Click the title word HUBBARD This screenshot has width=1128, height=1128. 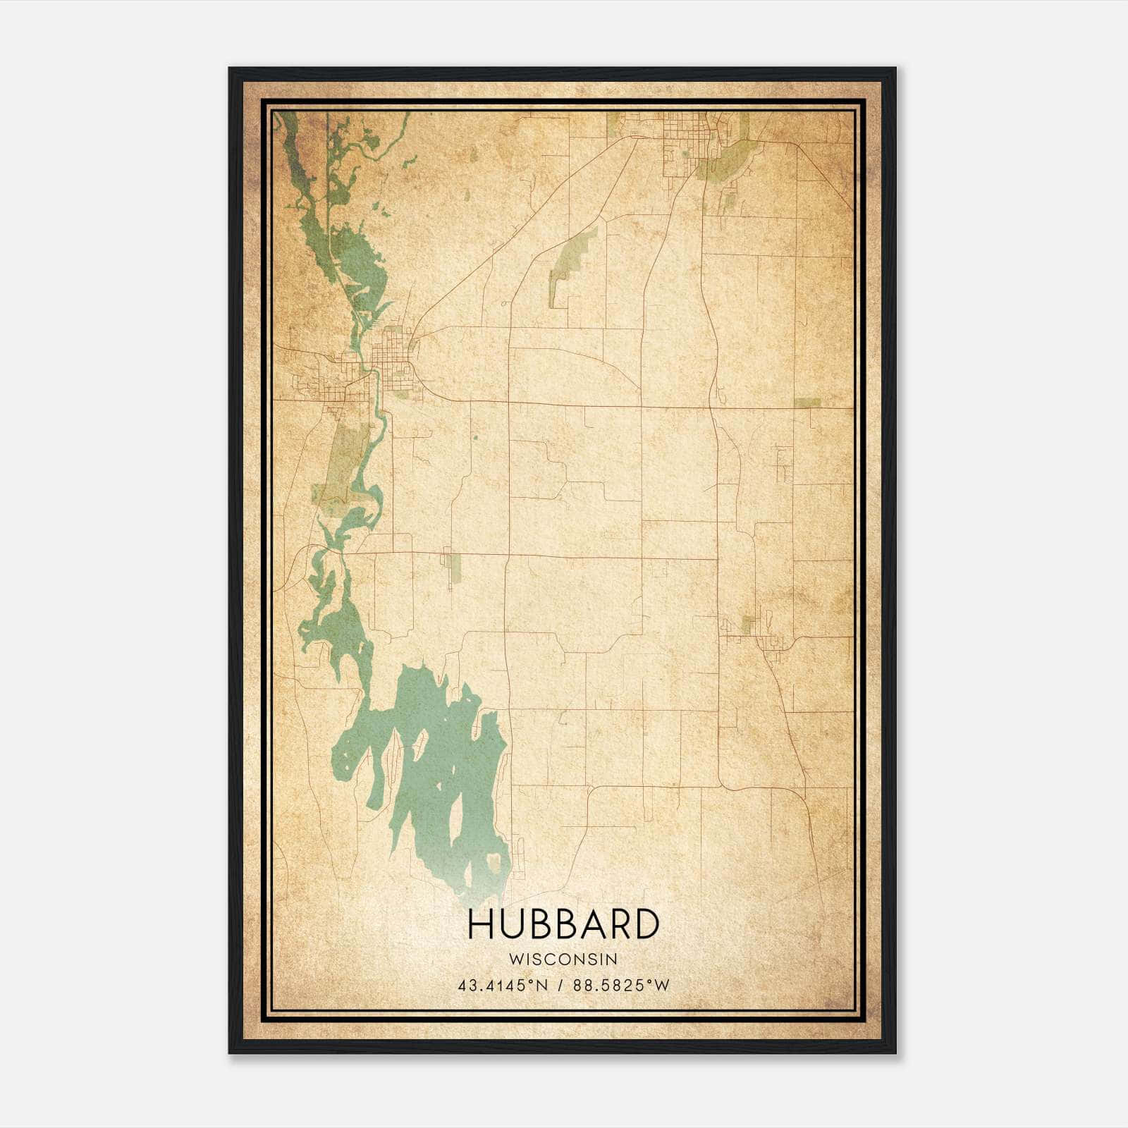563,924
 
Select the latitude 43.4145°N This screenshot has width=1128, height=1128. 503,986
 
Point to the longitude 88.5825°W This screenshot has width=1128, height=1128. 621,986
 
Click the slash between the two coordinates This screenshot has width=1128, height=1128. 561,986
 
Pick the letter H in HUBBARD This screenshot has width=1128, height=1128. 481,924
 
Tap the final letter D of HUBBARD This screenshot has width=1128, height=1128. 646,924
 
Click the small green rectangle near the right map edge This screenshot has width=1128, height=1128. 808,403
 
